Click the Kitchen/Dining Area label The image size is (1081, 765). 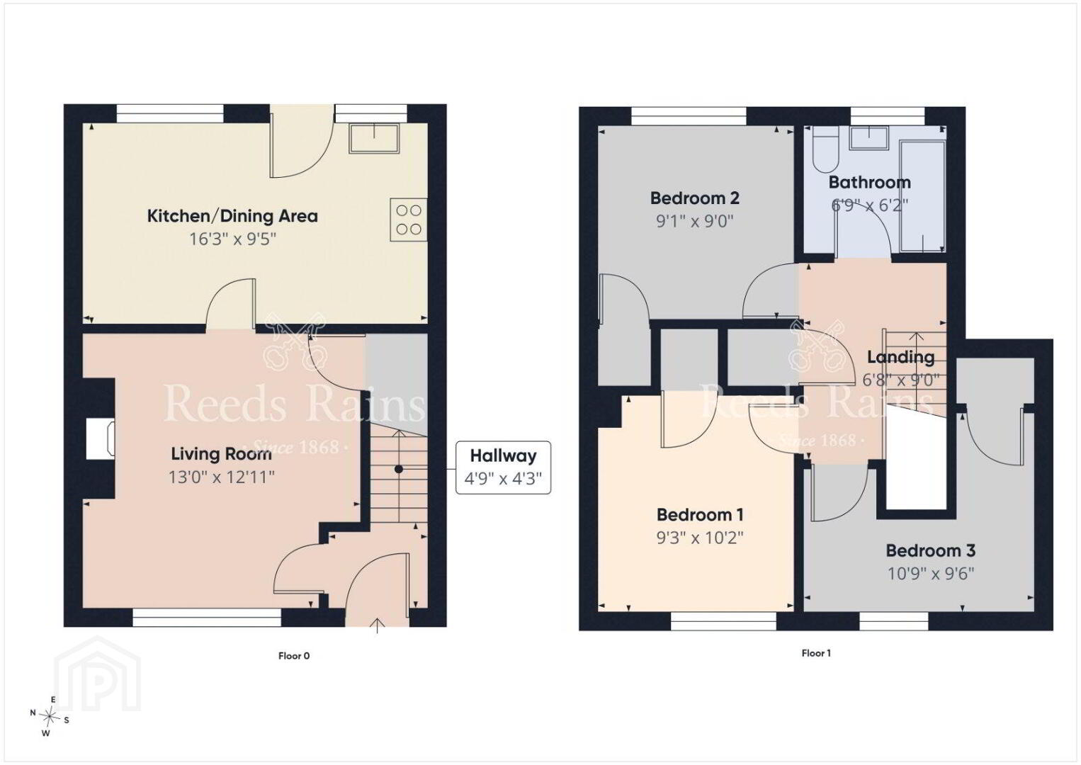(232, 216)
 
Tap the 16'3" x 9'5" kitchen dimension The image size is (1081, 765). (232, 239)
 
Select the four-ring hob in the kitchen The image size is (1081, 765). (409, 220)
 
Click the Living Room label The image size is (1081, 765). (221, 454)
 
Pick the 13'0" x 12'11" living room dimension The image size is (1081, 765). (221, 477)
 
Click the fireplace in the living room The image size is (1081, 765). (101, 438)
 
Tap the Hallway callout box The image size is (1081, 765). (503, 467)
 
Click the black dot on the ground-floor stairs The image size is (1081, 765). (399, 469)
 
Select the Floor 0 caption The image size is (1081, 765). (294, 656)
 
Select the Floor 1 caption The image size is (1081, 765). (816, 653)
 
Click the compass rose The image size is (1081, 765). (49, 716)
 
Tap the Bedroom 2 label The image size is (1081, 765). (694, 198)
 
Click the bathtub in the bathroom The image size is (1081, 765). (923, 196)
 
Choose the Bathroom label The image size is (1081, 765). (870, 183)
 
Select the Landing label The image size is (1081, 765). (900, 357)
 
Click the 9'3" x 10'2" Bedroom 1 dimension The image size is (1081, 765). (700, 538)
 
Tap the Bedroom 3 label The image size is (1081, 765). (930, 550)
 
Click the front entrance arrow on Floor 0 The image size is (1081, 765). (377, 626)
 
